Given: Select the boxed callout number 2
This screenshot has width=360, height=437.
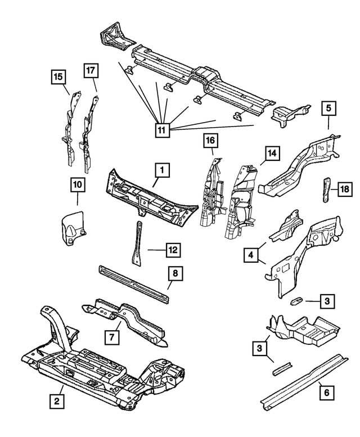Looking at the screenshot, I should tap(55, 401).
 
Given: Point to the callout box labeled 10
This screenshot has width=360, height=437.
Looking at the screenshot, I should tap(77, 184).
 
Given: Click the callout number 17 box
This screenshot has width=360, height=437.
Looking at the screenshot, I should tap(92, 71).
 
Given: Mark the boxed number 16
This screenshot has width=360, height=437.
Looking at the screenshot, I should tap(210, 139).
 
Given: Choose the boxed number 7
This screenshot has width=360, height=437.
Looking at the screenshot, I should tap(112, 337).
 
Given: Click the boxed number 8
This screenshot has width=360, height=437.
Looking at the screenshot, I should tap(175, 274).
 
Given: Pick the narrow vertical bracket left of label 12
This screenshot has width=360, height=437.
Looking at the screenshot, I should tap(136, 245).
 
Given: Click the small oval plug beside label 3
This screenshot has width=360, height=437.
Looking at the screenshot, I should tap(296, 301).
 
